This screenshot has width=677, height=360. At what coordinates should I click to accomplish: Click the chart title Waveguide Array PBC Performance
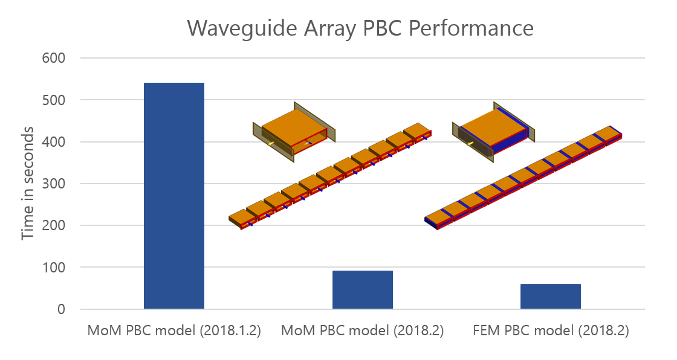coord(360,28)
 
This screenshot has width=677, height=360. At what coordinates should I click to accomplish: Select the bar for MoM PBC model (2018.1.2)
coord(174,196)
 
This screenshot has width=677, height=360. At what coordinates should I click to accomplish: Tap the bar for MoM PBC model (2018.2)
coord(363,290)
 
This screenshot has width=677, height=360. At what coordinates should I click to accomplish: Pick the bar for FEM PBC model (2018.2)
coord(551,297)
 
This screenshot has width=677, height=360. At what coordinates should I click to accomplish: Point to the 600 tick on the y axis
coord(53,58)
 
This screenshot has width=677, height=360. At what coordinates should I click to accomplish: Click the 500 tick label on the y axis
coord(53,100)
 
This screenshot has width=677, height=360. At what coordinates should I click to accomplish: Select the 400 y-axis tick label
coord(53,142)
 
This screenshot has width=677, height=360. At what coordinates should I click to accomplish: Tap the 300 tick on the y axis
coord(53,184)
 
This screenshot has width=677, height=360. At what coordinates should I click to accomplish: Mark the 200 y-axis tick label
coord(53,225)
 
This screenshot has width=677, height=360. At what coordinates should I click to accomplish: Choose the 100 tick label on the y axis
coord(53,267)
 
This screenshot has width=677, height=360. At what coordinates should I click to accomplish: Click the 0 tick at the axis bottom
coord(61,309)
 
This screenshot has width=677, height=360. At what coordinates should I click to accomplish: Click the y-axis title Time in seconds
coord(28,184)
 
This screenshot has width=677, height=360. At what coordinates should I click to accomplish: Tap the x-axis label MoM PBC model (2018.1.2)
coord(174,331)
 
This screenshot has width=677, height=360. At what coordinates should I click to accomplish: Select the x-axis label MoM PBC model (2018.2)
coord(363,331)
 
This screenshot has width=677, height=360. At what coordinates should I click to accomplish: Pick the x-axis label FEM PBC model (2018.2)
coord(551,331)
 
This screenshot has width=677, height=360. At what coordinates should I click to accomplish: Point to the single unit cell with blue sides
coord(493,130)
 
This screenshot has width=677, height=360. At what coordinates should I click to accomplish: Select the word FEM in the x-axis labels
coord(486,331)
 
